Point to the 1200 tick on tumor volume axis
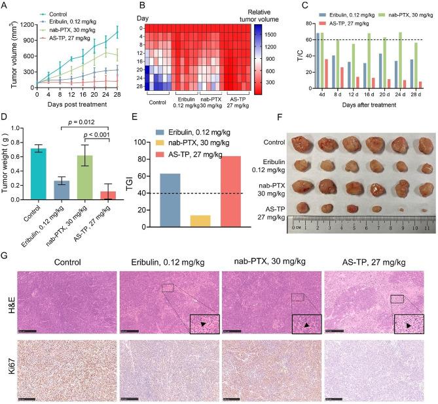click(24, 24)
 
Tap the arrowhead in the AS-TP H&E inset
click(408, 325)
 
